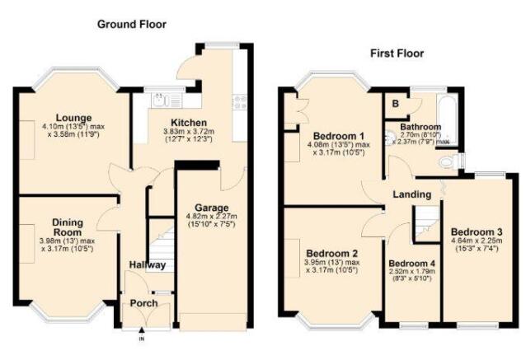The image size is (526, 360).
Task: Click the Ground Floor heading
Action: point(132,25)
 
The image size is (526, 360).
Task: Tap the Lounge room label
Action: point(74,117)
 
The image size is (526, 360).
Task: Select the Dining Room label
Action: point(68,227)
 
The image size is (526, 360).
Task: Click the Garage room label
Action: point(211,208)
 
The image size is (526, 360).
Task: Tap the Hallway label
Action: point(147,265)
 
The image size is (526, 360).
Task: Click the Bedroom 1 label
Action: point(338,136)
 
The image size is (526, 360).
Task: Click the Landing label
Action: point(412,194)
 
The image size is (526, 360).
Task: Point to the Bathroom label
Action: point(420,128)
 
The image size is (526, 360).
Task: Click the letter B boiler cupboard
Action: point(396,104)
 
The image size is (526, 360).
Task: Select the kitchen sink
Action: point(162,100)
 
